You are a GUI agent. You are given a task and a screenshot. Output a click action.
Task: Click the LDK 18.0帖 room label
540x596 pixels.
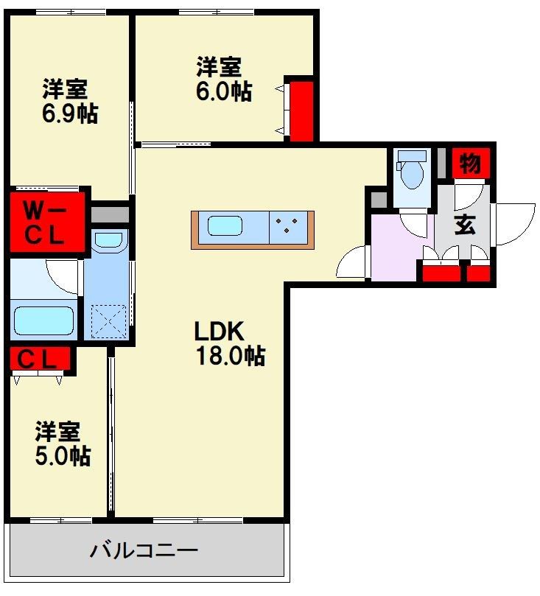(230, 343)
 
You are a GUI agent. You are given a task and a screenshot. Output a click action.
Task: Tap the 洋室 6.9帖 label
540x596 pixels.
(70, 101)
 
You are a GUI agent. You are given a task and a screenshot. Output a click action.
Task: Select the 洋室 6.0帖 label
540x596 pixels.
(224, 79)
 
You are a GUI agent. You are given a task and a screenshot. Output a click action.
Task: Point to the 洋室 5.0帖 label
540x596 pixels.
(63, 444)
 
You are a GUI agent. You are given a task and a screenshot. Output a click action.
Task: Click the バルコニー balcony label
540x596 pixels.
(144, 550)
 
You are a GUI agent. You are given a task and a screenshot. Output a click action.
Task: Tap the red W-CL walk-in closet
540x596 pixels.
(46, 222)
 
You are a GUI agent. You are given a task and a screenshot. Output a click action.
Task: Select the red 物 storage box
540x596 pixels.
(471, 164)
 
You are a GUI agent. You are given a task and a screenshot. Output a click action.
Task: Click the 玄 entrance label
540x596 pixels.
(465, 225)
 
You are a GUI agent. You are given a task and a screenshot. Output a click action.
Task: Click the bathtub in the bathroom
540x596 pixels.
(43, 320)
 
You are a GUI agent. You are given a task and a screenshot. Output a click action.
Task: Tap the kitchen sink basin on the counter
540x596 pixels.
(225, 225)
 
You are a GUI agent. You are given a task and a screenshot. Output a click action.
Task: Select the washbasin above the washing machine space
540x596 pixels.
(109, 241)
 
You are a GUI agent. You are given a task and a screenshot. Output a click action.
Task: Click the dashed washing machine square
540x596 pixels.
(109, 321)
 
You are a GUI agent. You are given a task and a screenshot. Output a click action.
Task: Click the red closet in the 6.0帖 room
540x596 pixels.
(302, 111)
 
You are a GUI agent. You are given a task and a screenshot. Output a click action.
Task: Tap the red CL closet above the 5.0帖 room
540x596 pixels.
(40, 359)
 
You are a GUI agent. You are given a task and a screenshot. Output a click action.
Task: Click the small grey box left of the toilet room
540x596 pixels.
(379, 200)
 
